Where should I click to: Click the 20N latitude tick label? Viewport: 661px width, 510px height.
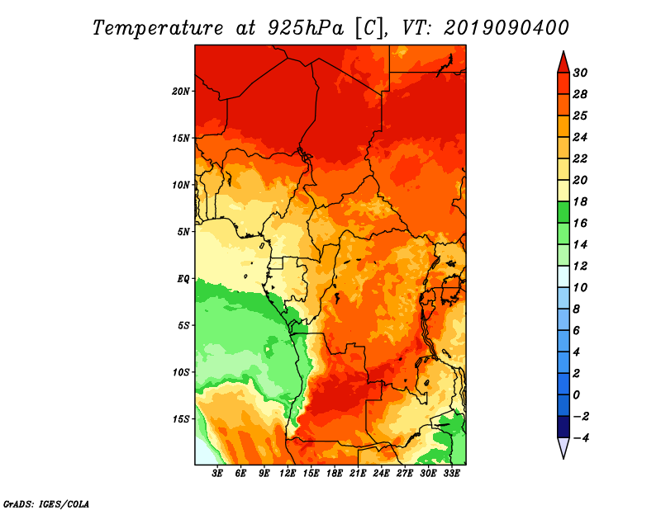[180, 92]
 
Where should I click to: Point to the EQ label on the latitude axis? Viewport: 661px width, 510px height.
[183, 279]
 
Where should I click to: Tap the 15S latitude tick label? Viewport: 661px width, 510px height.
[180, 419]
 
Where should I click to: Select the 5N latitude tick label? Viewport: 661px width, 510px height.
[183, 232]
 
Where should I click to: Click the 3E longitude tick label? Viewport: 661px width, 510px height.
[217, 474]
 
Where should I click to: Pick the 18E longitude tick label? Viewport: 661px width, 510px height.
[335, 474]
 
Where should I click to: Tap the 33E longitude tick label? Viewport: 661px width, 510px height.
[451, 474]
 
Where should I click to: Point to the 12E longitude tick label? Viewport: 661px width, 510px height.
[288, 474]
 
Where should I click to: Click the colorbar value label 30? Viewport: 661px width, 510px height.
[580, 73]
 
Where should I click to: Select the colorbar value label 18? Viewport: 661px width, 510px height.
[580, 201]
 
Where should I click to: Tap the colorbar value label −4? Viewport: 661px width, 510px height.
[581, 438]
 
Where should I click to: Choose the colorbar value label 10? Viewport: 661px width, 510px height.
[580, 288]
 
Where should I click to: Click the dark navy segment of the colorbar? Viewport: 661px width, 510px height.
[564, 427]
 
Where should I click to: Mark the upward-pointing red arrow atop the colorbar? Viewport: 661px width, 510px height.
[564, 64]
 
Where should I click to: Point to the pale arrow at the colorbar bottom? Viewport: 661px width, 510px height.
[564, 447]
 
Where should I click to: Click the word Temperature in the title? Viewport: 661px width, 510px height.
[158, 28]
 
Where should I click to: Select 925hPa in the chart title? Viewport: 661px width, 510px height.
[305, 28]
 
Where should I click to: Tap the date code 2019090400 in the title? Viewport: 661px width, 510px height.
[506, 28]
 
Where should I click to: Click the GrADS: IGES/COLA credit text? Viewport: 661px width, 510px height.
[46, 504]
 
